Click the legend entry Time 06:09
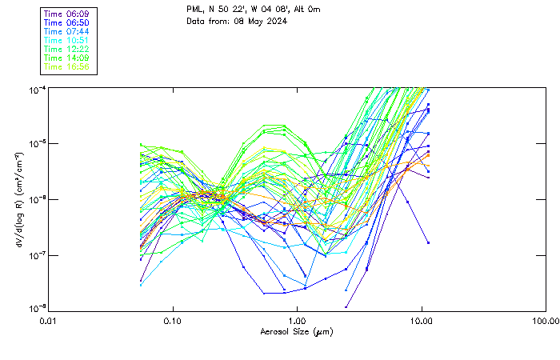click(x=67, y=14)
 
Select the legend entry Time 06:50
click(x=67, y=23)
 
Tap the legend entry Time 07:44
click(x=67, y=32)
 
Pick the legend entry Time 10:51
click(x=67, y=41)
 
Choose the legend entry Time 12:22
click(x=67, y=50)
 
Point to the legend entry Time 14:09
click(x=67, y=58)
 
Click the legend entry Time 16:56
click(x=67, y=67)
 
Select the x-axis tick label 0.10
click(x=173, y=321)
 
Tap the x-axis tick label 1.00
click(x=297, y=321)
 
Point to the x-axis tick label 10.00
click(x=422, y=321)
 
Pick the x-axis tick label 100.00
click(x=546, y=321)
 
